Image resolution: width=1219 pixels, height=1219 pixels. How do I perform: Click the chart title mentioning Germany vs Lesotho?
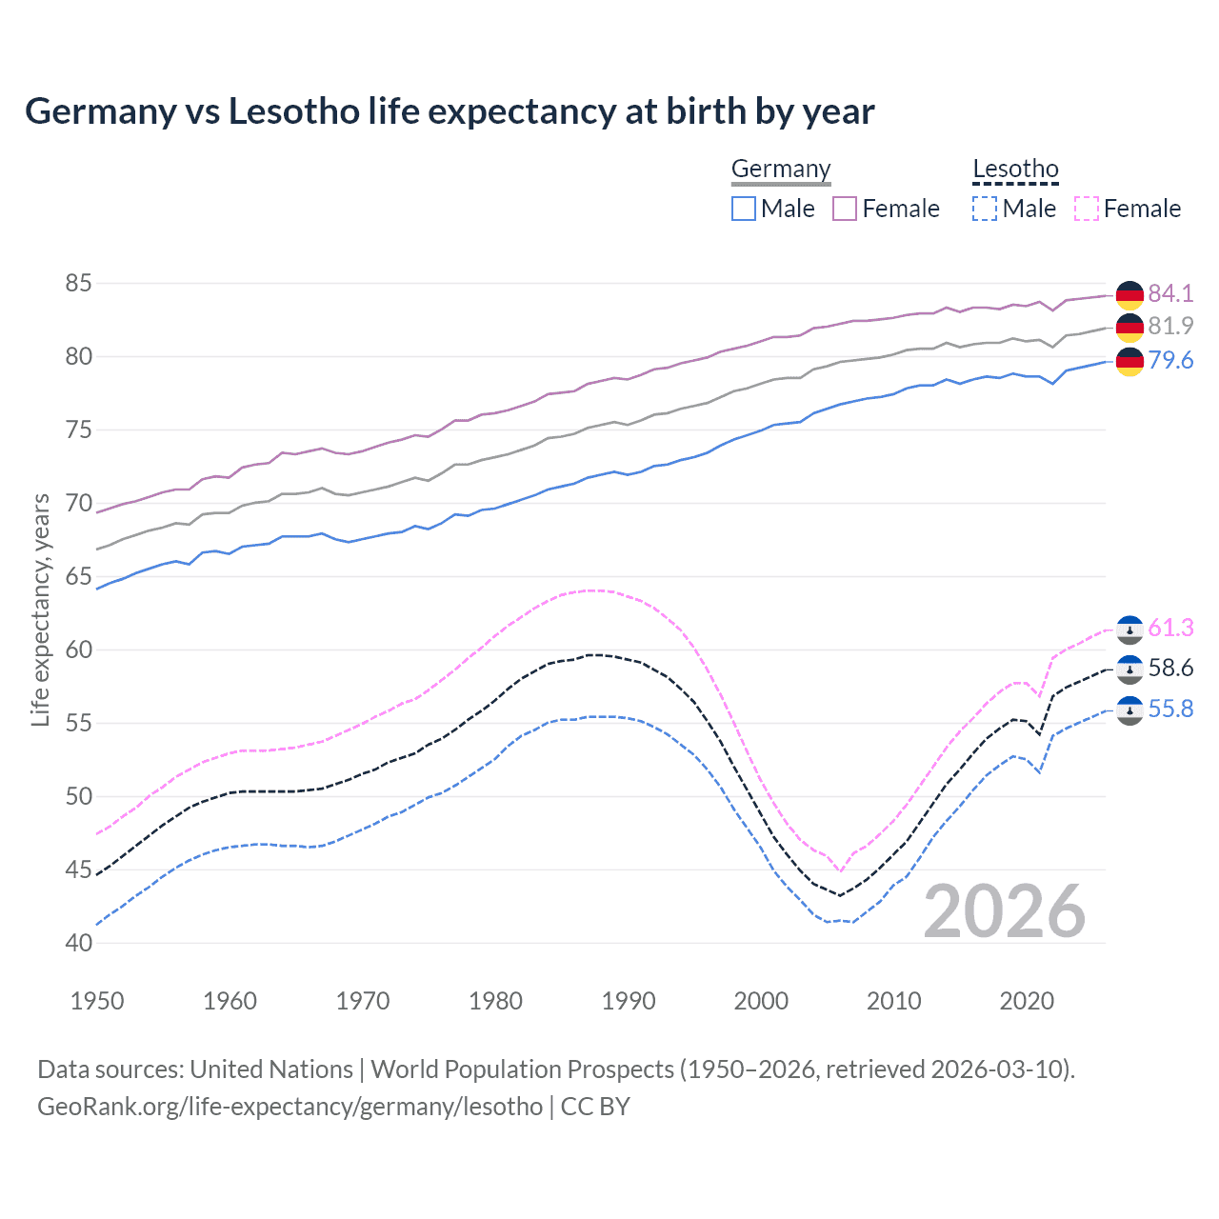click(450, 111)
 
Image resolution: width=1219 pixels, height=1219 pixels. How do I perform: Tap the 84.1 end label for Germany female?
click(1170, 293)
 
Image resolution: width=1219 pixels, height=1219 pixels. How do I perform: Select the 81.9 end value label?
click(1170, 326)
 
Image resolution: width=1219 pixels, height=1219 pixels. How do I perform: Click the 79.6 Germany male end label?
click(1170, 360)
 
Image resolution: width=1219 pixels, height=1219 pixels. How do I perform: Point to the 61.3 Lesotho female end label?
click(1170, 628)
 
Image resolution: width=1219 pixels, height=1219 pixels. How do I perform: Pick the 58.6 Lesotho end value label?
click(1170, 668)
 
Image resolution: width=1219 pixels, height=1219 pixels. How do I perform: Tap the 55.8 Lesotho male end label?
click(1170, 709)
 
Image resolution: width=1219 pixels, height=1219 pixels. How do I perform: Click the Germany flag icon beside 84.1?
click(1129, 294)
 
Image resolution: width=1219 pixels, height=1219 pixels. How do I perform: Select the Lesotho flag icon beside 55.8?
click(1129, 709)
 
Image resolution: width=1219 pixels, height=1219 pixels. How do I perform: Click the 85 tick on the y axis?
click(79, 283)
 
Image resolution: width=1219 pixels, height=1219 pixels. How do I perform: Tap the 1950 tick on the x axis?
click(98, 1001)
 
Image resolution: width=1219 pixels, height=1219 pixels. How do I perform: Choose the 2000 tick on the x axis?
click(761, 1001)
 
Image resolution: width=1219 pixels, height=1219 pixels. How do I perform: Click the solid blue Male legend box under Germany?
click(744, 209)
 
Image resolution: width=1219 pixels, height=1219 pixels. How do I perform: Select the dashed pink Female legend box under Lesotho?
click(1087, 209)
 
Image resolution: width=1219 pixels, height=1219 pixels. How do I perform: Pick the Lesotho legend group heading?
click(1015, 170)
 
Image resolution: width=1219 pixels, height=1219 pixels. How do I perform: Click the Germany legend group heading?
click(781, 170)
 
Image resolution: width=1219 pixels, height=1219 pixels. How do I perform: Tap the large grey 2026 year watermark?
click(1005, 911)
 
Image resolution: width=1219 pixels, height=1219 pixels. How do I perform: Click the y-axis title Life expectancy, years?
click(40, 609)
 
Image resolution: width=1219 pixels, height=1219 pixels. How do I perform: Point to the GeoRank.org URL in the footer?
click(290, 1107)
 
